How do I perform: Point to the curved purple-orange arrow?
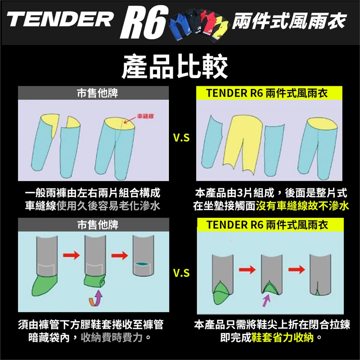97,298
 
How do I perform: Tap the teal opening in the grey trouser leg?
142,265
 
